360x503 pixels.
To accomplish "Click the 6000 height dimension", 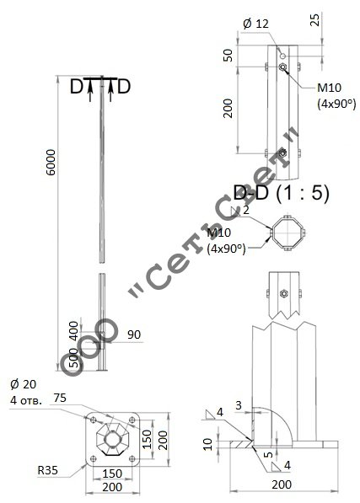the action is [x=51, y=162].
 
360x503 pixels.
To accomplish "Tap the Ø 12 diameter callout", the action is [x=255, y=24].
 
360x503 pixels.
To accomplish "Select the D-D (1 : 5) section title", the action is [x=281, y=193].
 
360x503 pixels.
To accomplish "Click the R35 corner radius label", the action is [x=48, y=470].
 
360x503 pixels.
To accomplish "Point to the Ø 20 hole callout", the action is [x=23, y=384].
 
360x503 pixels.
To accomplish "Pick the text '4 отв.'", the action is [x=26, y=401].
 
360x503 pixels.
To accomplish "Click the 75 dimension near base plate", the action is [x=60, y=398].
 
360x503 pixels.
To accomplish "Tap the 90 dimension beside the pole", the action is [x=134, y=334].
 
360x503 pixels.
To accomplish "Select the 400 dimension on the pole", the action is [x=74, y=331].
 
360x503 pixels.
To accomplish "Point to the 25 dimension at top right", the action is [x=315, y=19].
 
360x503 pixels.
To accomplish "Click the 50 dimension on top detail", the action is [x=228, y=55].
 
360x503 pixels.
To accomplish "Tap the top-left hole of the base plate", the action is [x=94, y=420].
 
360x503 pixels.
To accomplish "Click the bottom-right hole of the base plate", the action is [x=132, y=458].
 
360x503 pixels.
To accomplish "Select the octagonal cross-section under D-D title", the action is [x=287, y=233].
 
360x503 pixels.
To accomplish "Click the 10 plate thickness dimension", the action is [x=208, y=444].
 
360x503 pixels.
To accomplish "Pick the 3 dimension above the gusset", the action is [x=239, y=405].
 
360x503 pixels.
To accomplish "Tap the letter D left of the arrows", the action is [x=77, y=86].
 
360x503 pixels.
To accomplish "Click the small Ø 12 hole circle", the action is [x=282, y=56].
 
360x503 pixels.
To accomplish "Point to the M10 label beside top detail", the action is [x=329, y=88].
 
